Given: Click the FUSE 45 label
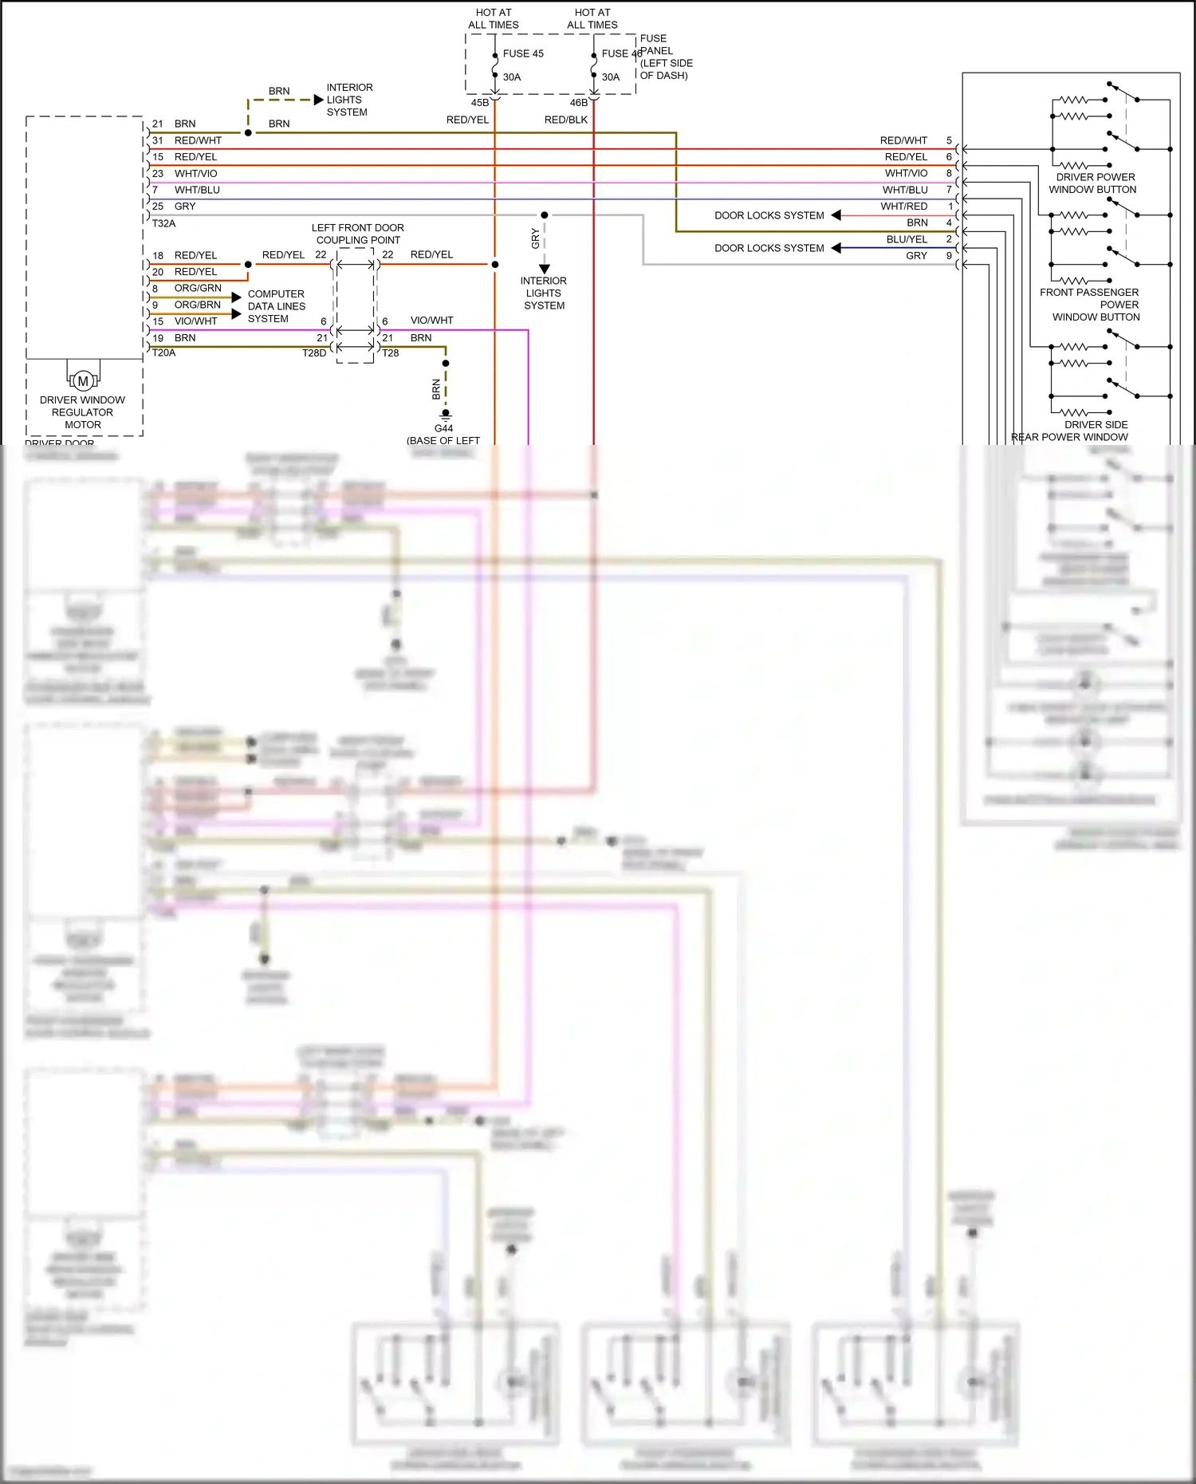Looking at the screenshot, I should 523,53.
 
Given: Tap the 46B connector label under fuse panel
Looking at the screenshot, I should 579,103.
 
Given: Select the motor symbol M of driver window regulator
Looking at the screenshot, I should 83,380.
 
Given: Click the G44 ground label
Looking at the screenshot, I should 443,428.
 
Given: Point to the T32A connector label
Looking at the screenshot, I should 163,223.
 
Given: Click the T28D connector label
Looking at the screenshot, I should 314,352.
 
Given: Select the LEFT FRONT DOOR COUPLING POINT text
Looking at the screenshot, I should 358,234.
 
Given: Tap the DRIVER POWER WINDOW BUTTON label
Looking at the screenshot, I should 1093,183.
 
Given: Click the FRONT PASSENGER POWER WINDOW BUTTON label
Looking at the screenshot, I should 1092,305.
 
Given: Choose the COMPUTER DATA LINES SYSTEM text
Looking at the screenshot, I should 276,306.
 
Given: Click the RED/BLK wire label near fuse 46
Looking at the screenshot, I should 566,120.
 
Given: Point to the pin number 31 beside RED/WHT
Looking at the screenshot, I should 158,140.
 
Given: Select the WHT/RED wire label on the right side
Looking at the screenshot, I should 904,206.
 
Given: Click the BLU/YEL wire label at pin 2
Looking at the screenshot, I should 907,239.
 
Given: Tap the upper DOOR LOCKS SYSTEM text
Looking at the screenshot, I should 769,215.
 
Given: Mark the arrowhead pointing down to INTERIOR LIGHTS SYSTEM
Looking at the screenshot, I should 545,269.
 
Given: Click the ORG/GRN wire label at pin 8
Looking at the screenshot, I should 198,288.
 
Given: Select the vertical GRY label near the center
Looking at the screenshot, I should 536,238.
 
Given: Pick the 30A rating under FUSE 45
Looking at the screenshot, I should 512,77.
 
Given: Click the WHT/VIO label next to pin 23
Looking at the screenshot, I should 195,173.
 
